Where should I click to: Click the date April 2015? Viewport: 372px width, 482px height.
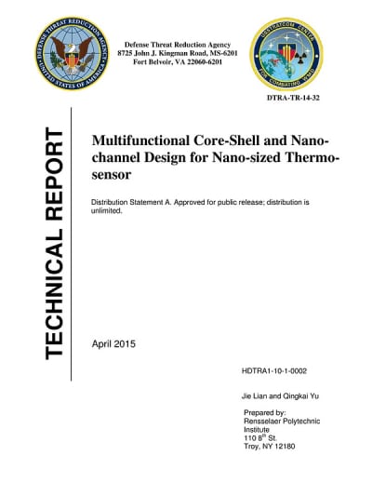[x=113, y=344]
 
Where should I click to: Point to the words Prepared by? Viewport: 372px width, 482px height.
[x=264, y=410]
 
